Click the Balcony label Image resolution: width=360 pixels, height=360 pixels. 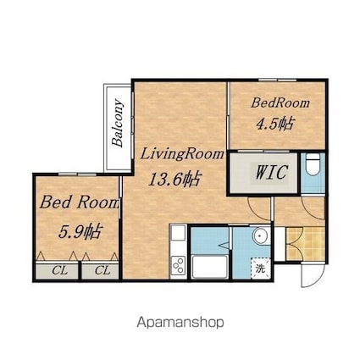point(118,123)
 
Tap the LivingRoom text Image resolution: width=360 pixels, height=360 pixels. point(182,154)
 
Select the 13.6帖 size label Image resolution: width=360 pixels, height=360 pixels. point(175,179)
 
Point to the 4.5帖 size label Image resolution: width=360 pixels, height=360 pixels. point(275,124)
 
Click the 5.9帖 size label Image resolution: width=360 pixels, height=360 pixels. point(80,231)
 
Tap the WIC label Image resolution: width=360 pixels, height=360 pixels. point(272,172)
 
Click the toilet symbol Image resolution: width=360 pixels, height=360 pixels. point(313,164)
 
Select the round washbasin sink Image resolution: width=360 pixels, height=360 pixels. point(260,235)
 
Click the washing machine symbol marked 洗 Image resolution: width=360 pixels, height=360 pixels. point(260,269)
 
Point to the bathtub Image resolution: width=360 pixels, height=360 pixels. point(209,267)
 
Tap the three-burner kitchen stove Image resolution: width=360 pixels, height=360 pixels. point(179,266)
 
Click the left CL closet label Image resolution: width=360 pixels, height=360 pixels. point(60,270)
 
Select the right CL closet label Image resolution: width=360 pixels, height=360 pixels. point(102,270)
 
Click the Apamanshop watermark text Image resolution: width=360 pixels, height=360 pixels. point(180,322)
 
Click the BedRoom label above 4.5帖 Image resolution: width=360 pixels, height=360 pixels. point(280,102)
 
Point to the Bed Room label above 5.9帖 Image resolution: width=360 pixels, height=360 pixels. point(79,202)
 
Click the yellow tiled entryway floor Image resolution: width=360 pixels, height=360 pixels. point(305,243)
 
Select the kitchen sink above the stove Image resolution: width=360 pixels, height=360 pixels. point(179,233)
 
